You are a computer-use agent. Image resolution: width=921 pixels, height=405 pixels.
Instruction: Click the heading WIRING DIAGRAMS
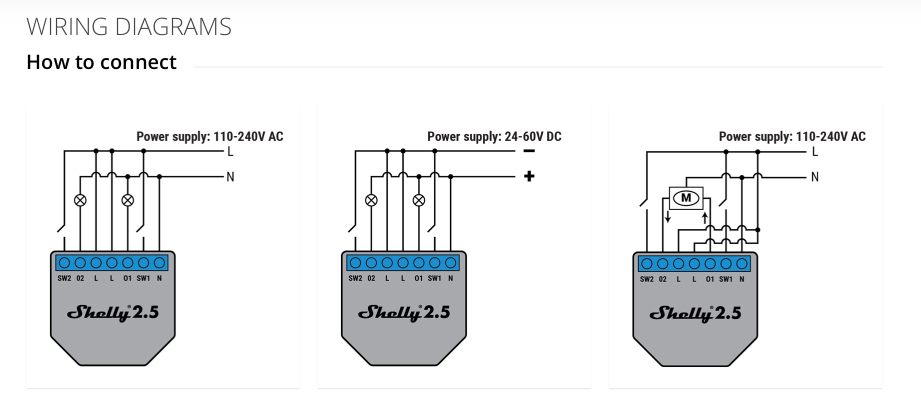129,27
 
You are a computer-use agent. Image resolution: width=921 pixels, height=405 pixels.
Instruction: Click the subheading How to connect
101,62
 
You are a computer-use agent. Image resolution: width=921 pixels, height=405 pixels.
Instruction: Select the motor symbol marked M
686,198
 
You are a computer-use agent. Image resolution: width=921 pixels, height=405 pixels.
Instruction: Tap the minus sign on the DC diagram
529,151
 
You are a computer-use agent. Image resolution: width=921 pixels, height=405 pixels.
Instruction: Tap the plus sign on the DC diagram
529,176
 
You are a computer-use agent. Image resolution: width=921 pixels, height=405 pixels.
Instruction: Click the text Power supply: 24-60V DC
494,136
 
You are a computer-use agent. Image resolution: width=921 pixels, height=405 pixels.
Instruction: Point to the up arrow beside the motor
705,217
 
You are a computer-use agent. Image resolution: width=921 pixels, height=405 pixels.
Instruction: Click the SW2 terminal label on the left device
64,278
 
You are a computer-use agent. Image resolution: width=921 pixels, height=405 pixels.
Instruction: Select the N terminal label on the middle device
450,278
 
